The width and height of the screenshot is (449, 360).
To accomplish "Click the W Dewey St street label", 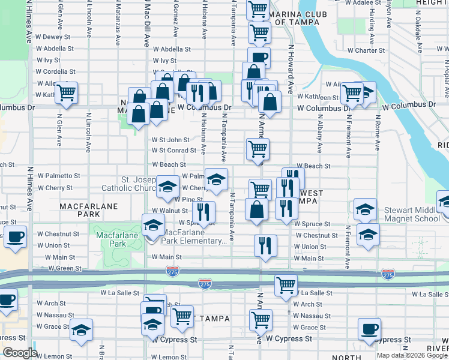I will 53,37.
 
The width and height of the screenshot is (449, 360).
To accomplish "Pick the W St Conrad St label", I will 174,151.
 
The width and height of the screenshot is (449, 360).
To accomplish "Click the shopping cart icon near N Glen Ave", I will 66,92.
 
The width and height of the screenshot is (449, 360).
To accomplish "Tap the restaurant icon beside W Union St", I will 265,245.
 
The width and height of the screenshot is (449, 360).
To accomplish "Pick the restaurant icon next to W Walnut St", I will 203,211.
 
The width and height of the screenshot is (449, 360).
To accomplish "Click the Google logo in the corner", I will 20,353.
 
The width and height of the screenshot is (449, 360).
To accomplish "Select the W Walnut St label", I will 171,211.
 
